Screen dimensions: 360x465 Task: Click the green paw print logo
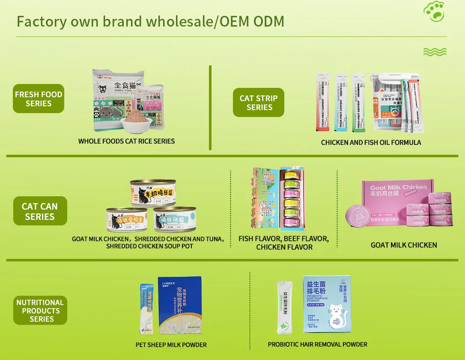(x=434, y=12)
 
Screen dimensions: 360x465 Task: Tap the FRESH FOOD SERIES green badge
(x=39, y=99)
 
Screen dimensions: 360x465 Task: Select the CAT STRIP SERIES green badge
(x=259, y=103)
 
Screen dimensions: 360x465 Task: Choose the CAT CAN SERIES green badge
(x=40, y=211)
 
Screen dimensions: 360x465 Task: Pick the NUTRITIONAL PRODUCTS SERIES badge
(x=40, y=310)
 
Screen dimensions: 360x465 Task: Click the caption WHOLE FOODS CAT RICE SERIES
(x=126, y=141)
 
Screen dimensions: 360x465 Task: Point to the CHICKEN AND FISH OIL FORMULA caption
(x=371, y=142)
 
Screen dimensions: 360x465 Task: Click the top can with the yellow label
(x=153, y=193)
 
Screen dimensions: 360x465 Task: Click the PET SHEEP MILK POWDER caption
(x=171, y=345)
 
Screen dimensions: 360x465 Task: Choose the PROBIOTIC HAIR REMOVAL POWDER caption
(x=317, y=344)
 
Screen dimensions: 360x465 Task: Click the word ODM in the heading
(x=268, y=21)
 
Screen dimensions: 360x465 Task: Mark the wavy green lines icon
(x=435, y=52)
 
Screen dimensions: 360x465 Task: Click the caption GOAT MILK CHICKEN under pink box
(x=404, y=245)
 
